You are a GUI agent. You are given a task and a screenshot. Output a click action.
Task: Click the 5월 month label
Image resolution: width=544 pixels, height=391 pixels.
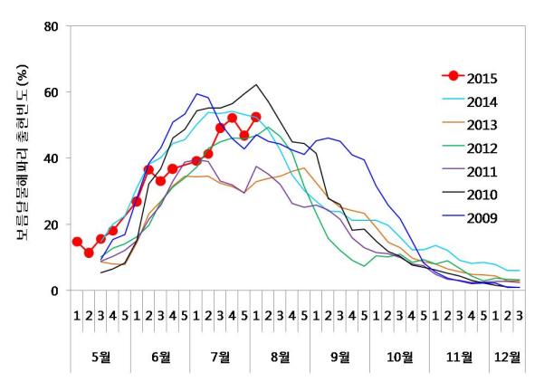(x=101, y=357)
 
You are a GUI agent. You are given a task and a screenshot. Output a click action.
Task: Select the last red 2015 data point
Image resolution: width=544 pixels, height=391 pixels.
(x=256, y=117)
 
